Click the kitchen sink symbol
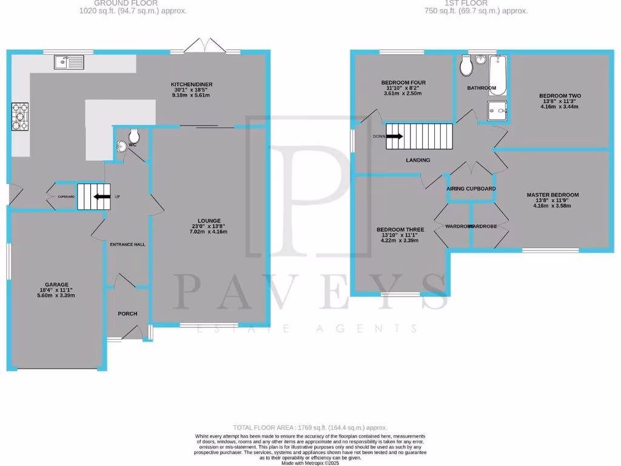point(69,62)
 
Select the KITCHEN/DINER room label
point(191,84)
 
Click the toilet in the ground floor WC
point(134,134)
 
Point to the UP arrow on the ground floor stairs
point(98,197)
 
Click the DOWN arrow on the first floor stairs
point(393,137)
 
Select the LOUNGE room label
point(209,221)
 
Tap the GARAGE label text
point(56,284)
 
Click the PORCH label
point(127,314)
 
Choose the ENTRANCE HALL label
point(127,245)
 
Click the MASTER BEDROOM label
point(552,195)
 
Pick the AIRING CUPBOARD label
point(471,189)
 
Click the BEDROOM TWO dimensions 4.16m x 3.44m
point(560,107)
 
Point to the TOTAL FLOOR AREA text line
point(310,428)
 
